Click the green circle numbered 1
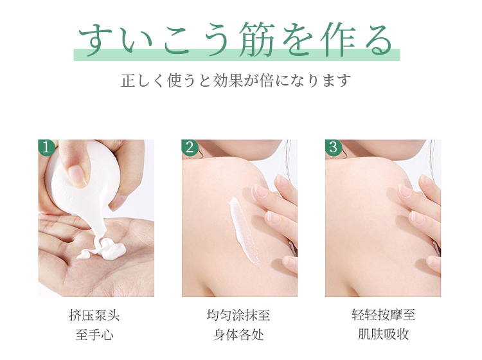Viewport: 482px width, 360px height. (x=46, y=147)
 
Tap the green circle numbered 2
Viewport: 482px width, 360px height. (x=190, y=147)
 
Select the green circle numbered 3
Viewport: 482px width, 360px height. (x=333, y=147)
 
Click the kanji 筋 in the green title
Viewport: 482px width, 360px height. (x=257, y=39)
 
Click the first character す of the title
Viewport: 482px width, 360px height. (x=94, y=39)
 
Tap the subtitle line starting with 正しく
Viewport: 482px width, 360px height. (x=236, y=80)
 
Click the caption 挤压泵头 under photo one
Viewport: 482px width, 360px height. (x=94, y=315)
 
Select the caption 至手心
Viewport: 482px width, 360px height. (x=94, y=334)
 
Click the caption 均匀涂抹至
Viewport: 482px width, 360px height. (x=238, y=315)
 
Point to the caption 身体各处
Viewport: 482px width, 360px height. (x=238, y=334)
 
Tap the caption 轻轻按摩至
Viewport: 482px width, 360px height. (x=383, y=315)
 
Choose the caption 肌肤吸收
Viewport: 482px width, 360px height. (x=383, y=334)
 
